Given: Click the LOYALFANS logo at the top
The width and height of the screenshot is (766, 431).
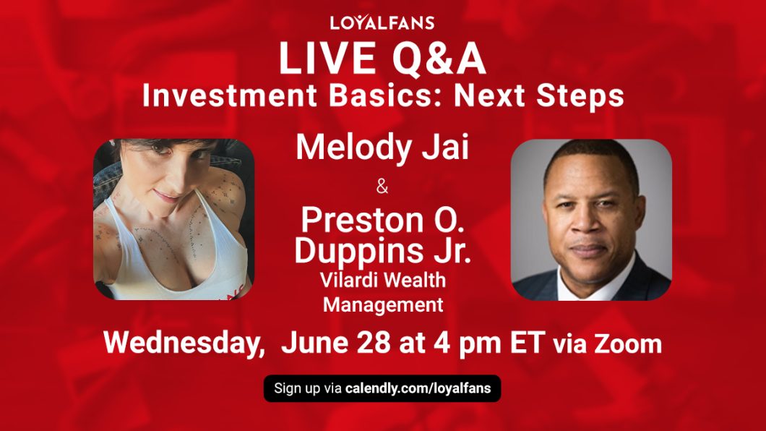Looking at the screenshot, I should point(382,22).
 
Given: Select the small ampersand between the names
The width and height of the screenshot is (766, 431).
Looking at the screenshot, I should point(382,188).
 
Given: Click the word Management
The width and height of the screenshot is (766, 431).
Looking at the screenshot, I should point(383,304).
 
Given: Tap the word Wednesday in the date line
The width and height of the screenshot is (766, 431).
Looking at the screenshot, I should point(184,343).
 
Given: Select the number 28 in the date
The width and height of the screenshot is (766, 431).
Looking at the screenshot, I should point(375,343).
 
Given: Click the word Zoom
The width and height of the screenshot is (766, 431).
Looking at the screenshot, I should point(627,344).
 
